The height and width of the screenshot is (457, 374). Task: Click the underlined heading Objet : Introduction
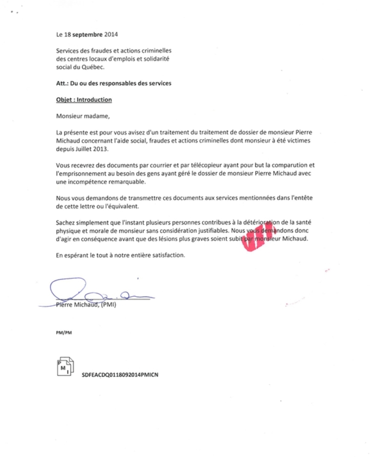click(x=84, y=100)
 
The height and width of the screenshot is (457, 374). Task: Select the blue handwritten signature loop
click(x=69, y=288)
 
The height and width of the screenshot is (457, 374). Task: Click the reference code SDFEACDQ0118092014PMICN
click(x=121, y=374)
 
